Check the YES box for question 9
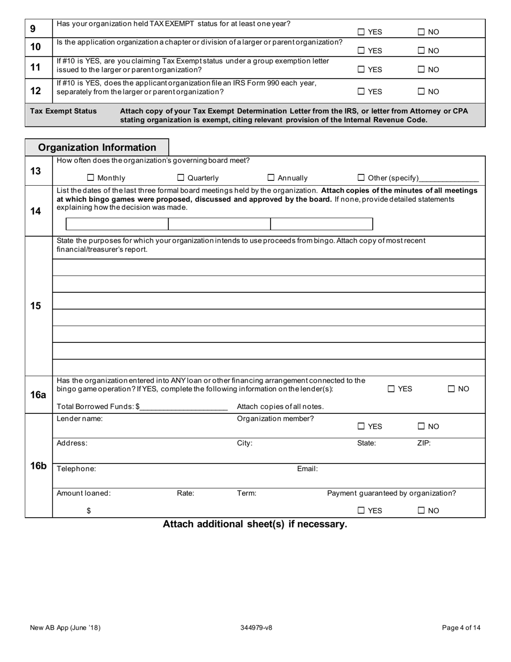pos(361,32)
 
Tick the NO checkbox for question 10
pos(421,51)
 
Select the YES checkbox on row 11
pos(361,69)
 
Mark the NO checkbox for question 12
pos(421,91)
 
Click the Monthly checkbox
pos(90,178)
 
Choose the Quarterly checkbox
pos(181,178)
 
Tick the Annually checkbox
pos(271,178)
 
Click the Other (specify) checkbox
pos(361,178)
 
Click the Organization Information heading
pos(97,147)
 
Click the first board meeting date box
pos(117,224)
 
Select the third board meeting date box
pos(321,224)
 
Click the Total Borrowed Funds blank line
pos(184,406)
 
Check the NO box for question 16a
pos(451,389)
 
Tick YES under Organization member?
pos(361,426)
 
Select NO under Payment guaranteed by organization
pos(421,511)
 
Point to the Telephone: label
pos(76,469)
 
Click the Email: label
pos(307,469)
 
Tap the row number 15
pos(36,306)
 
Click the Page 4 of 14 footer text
pos(461,628)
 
